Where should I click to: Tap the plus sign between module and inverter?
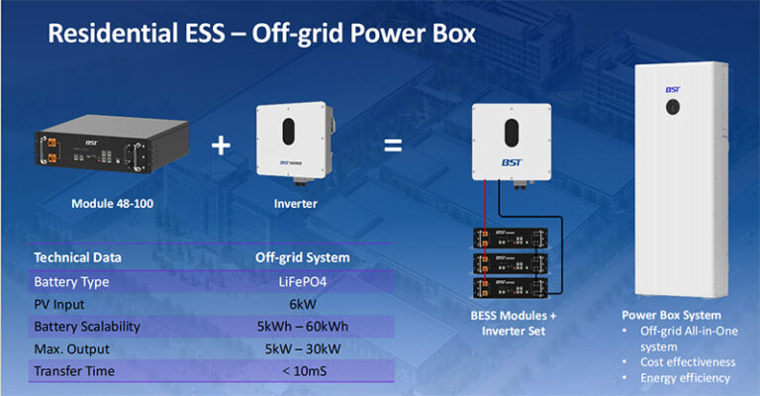pos(222,146)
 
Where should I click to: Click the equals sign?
pos(394,146)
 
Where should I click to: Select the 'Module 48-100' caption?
pos(113,205)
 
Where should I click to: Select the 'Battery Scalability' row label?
pos(87,326)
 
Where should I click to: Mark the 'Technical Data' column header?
pos(78,257)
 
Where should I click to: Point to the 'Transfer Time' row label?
pos(75,370)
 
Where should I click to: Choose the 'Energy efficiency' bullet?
pos(686,377)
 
